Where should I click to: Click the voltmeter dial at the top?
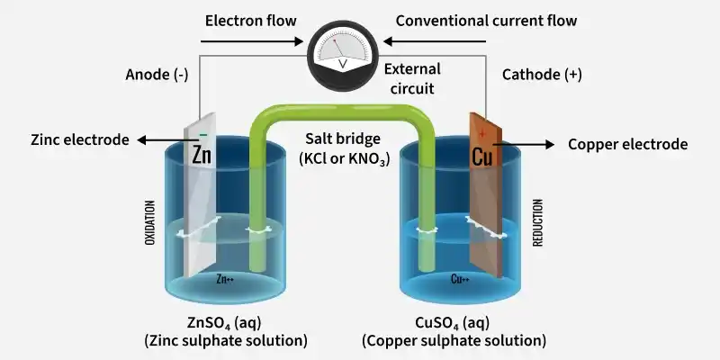(x=343, y=56)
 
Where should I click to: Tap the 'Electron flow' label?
(x=251, y=21)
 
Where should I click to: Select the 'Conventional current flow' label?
(x=486, y=21)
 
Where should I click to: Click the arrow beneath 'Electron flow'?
(x=252, y=41)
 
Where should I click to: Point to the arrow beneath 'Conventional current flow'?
(x=435, y=41)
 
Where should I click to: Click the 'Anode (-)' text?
(x=157, y=75)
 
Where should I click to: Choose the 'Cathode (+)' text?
(x=542, y=75)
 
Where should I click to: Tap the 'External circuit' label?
(x=412, y=78)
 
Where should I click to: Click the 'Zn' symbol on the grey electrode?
(x=202, y=156)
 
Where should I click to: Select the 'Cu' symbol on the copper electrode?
(x=482, y=157)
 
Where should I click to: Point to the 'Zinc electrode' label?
(x=80, y=139)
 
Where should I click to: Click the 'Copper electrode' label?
(x=627, y=144)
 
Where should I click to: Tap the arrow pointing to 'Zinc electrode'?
(x=164, y=140)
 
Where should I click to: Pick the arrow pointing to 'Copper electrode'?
(x=524, y=145)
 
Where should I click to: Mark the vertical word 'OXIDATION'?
(x=150, y=222)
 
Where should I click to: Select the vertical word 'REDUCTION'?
(x=537, y=222)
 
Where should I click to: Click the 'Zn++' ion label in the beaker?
(x=225, y=279)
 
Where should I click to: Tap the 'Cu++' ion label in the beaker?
(x=460, y=279)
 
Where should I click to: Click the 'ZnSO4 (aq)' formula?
(x=224, y=323)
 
